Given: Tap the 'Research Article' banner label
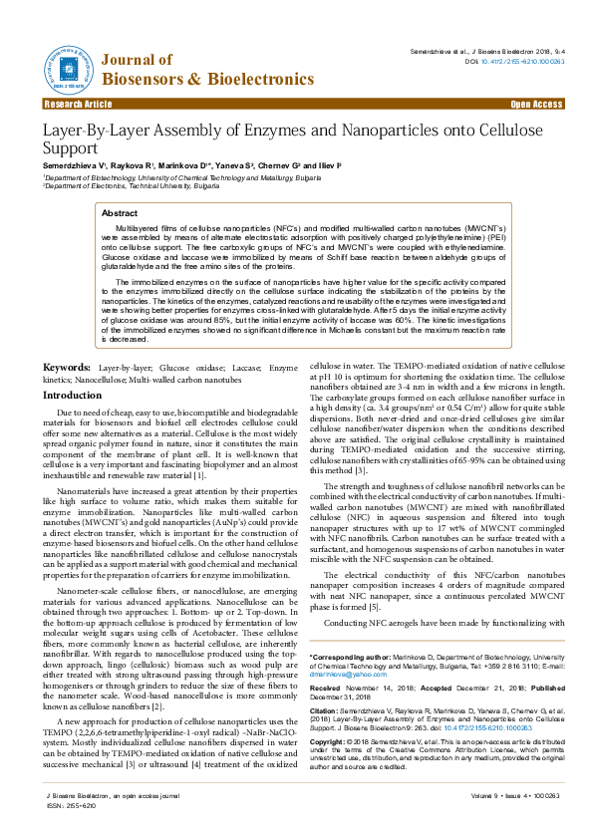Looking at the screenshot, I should click(x=78, y=104).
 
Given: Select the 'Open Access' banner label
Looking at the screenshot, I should click(x=536, y=104).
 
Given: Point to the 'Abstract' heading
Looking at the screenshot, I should click(x=120, y=213).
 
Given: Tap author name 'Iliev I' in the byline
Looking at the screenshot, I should click(x=327, y=163).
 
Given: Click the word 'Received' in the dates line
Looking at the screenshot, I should click(x=327, y=689).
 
